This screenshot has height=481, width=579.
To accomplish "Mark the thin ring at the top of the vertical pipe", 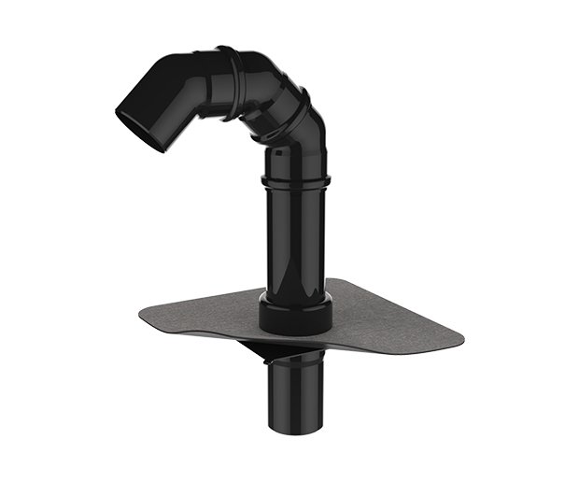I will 295,178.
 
